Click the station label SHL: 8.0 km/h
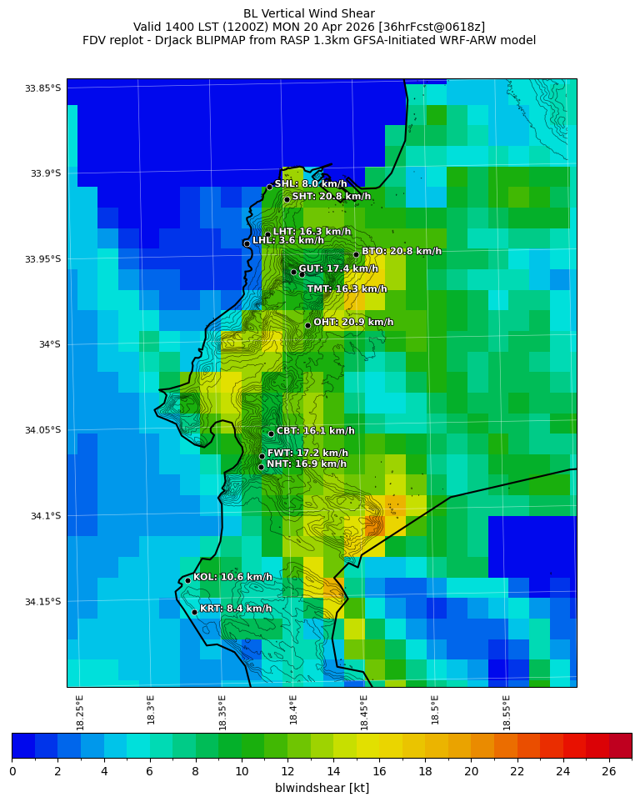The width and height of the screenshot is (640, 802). (x=311, y=184)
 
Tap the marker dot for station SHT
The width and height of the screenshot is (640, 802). (x=287, y=199)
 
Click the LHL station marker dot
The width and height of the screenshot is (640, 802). (x=247, y=243)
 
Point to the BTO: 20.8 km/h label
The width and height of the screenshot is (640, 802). (x=401, y=251)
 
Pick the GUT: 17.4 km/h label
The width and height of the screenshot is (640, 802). (x=338, y=269)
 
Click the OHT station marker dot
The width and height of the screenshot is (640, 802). (x=307, y=325)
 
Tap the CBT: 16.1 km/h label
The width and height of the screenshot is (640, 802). (x=315, y=431)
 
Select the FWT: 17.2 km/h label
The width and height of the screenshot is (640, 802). (x=307, y=454)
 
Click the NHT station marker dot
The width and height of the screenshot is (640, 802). (x=261, y=467)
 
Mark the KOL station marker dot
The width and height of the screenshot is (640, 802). (x=187, y=580)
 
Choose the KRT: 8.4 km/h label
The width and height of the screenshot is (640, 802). (x=236, y=609)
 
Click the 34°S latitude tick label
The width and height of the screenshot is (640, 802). (x=50, y=344)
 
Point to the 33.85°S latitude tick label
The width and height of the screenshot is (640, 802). (x=42, y=88)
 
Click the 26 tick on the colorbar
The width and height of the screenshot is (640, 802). (x=608, y=771)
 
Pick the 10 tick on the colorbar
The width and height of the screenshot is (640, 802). (x=242, y=771)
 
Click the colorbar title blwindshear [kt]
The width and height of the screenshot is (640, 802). (x=322, y=788)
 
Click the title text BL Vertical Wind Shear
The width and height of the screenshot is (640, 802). (x=309, y=13)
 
